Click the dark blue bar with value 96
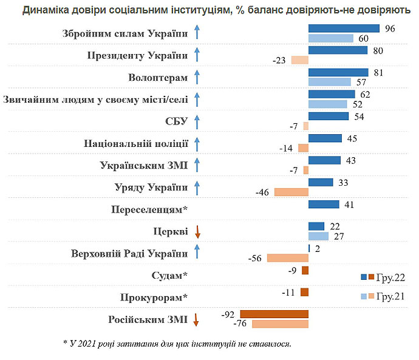tap(344, 29)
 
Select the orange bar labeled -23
tap(300, 60)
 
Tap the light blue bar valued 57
tap(330, 81)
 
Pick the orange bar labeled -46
tap(291, 192)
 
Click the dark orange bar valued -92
tap(274, 314)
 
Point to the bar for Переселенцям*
tap(324, 205)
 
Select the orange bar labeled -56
tap(288, 257)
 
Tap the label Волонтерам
tap(158, 78)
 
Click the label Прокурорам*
tap(154, 297)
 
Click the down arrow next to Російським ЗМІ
tap(196, 319)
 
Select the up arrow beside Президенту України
tap(196, 55)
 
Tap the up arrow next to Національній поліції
tap(196, 144)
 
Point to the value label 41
tap(349, 205)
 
